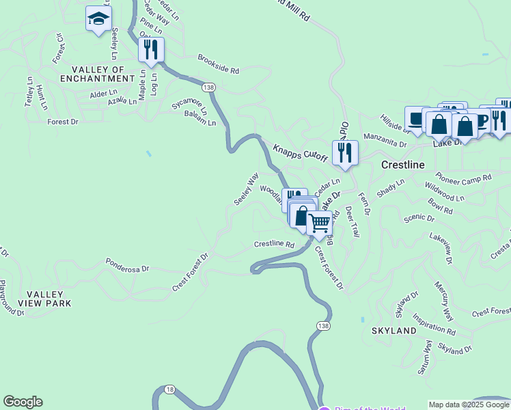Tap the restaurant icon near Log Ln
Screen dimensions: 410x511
(x=151, y=49)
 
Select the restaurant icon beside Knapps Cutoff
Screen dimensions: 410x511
(x=345, y=152)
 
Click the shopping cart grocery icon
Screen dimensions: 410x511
(x=319, y=223)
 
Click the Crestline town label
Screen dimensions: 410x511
(x=402, y=165)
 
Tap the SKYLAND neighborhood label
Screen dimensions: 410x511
(x=393, y=331)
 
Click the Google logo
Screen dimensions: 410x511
(x=23, y=402)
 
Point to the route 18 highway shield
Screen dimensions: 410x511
(x=169, y=389)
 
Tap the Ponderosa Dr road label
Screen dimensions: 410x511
(x=127, y=265)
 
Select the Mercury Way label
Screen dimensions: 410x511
(x=444, y=300)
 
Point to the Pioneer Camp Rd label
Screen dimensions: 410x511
(x=463, y=175)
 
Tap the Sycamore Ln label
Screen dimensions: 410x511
(x=189, y=105)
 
